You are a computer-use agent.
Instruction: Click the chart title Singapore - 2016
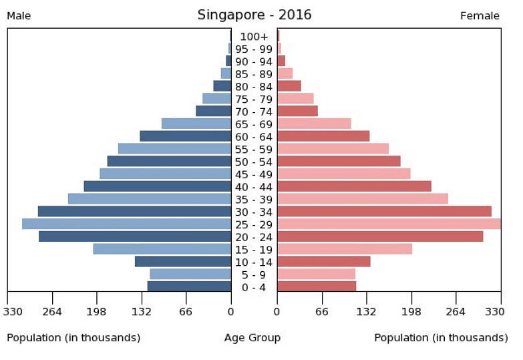click(x=254, y=15)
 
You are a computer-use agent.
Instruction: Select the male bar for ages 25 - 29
click(x=126, y=224)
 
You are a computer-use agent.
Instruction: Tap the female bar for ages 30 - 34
click(x=384, y=211)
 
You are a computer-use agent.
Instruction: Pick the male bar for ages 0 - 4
click(x=189, y=287)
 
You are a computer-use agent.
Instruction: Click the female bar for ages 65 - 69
click(x=314, y=124)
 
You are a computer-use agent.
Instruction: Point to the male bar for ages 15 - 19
click(x=162, y=249)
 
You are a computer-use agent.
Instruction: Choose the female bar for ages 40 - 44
click(x=354, y=186)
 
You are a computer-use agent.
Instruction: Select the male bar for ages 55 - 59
click(x=174, y=148)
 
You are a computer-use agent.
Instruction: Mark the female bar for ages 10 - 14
click(x=323, y=261)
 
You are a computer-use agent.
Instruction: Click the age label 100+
click(x=254, y=37)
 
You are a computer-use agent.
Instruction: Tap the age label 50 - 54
click(x=254, y=162)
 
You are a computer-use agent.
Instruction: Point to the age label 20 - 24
click(x=254, y=236)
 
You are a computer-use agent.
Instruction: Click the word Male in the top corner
click(x=19, y=16)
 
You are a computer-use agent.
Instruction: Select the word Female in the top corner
click(x=480, y=16)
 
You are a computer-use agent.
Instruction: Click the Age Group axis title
click(x=252, y=338)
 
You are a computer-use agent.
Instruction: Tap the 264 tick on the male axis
click(x=52, y=311)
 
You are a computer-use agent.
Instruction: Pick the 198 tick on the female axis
click(x=411, y=311)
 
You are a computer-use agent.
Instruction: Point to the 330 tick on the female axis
click(x=494, y=311)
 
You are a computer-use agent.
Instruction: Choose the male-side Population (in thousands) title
click(x=73, y=338)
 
